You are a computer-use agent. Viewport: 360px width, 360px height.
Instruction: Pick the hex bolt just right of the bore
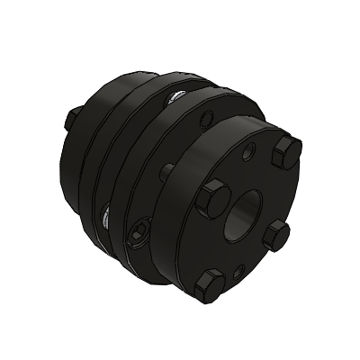(278, 236)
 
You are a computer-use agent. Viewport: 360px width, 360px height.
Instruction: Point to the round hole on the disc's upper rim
(209, 116)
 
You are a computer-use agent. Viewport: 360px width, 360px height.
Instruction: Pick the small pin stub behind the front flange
(166, 168)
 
